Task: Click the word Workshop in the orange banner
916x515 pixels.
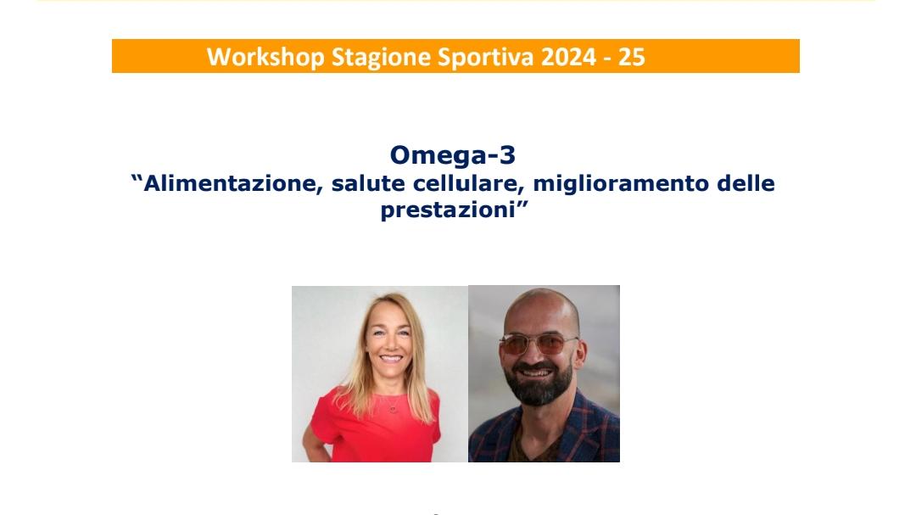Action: click(x=265, y=58)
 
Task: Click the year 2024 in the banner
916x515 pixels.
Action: click(x=568, y=57)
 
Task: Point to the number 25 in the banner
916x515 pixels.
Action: click(x=632, y=57)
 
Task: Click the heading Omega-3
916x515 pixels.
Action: click(x=453, y=155)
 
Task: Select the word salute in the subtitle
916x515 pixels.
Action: click(x=368, y=183)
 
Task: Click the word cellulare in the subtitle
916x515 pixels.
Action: click(x=469, y=183)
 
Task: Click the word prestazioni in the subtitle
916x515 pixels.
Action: click(x=448, y=210)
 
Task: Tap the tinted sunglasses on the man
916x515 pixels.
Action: click(x=538, y=343)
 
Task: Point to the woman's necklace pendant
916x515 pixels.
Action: click(x=393, y=409)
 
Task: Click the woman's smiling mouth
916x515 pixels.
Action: click(x=390, y=358)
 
